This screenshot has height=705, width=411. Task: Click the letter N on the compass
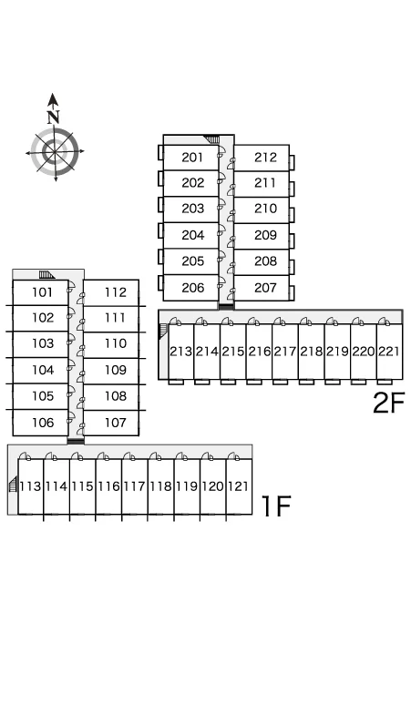[54, 117]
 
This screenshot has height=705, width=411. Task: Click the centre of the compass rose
[55, 151]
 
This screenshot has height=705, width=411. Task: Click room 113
[31, 486]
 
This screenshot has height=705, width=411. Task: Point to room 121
[239, 486]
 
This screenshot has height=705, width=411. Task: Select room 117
[135, 486]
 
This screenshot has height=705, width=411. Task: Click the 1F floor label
[276, 506]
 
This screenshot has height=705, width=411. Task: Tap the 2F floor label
[389, 403]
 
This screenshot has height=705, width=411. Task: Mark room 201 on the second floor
[191, 158]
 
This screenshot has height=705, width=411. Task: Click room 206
[191, 288]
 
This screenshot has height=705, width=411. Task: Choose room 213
[180, 352]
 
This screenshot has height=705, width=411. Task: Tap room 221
[389, 352]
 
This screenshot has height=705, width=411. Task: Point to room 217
[285, 352]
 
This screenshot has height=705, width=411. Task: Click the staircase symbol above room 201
[211, 139]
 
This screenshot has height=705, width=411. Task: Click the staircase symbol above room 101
[46, 274]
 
